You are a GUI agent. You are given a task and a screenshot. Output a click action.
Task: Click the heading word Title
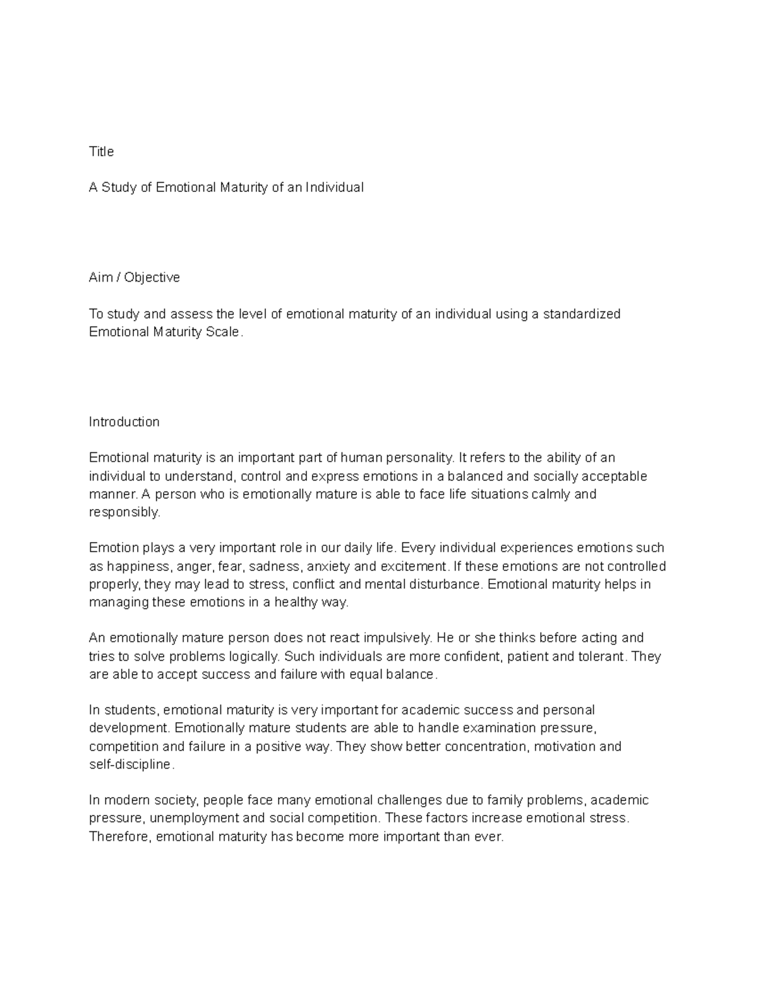point(101,152)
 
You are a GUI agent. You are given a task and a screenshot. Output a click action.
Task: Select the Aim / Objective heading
point(134,277)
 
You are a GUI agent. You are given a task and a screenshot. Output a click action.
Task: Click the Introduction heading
point(124,422)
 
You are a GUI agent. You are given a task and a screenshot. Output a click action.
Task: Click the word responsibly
point(124,512)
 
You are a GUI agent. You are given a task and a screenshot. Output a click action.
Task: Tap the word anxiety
point(328,566)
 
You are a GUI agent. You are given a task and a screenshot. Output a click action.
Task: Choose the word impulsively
point(392,638)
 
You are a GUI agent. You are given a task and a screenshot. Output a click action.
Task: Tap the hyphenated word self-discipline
point(130,764)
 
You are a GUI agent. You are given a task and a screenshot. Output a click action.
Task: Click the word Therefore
point(119,837)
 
